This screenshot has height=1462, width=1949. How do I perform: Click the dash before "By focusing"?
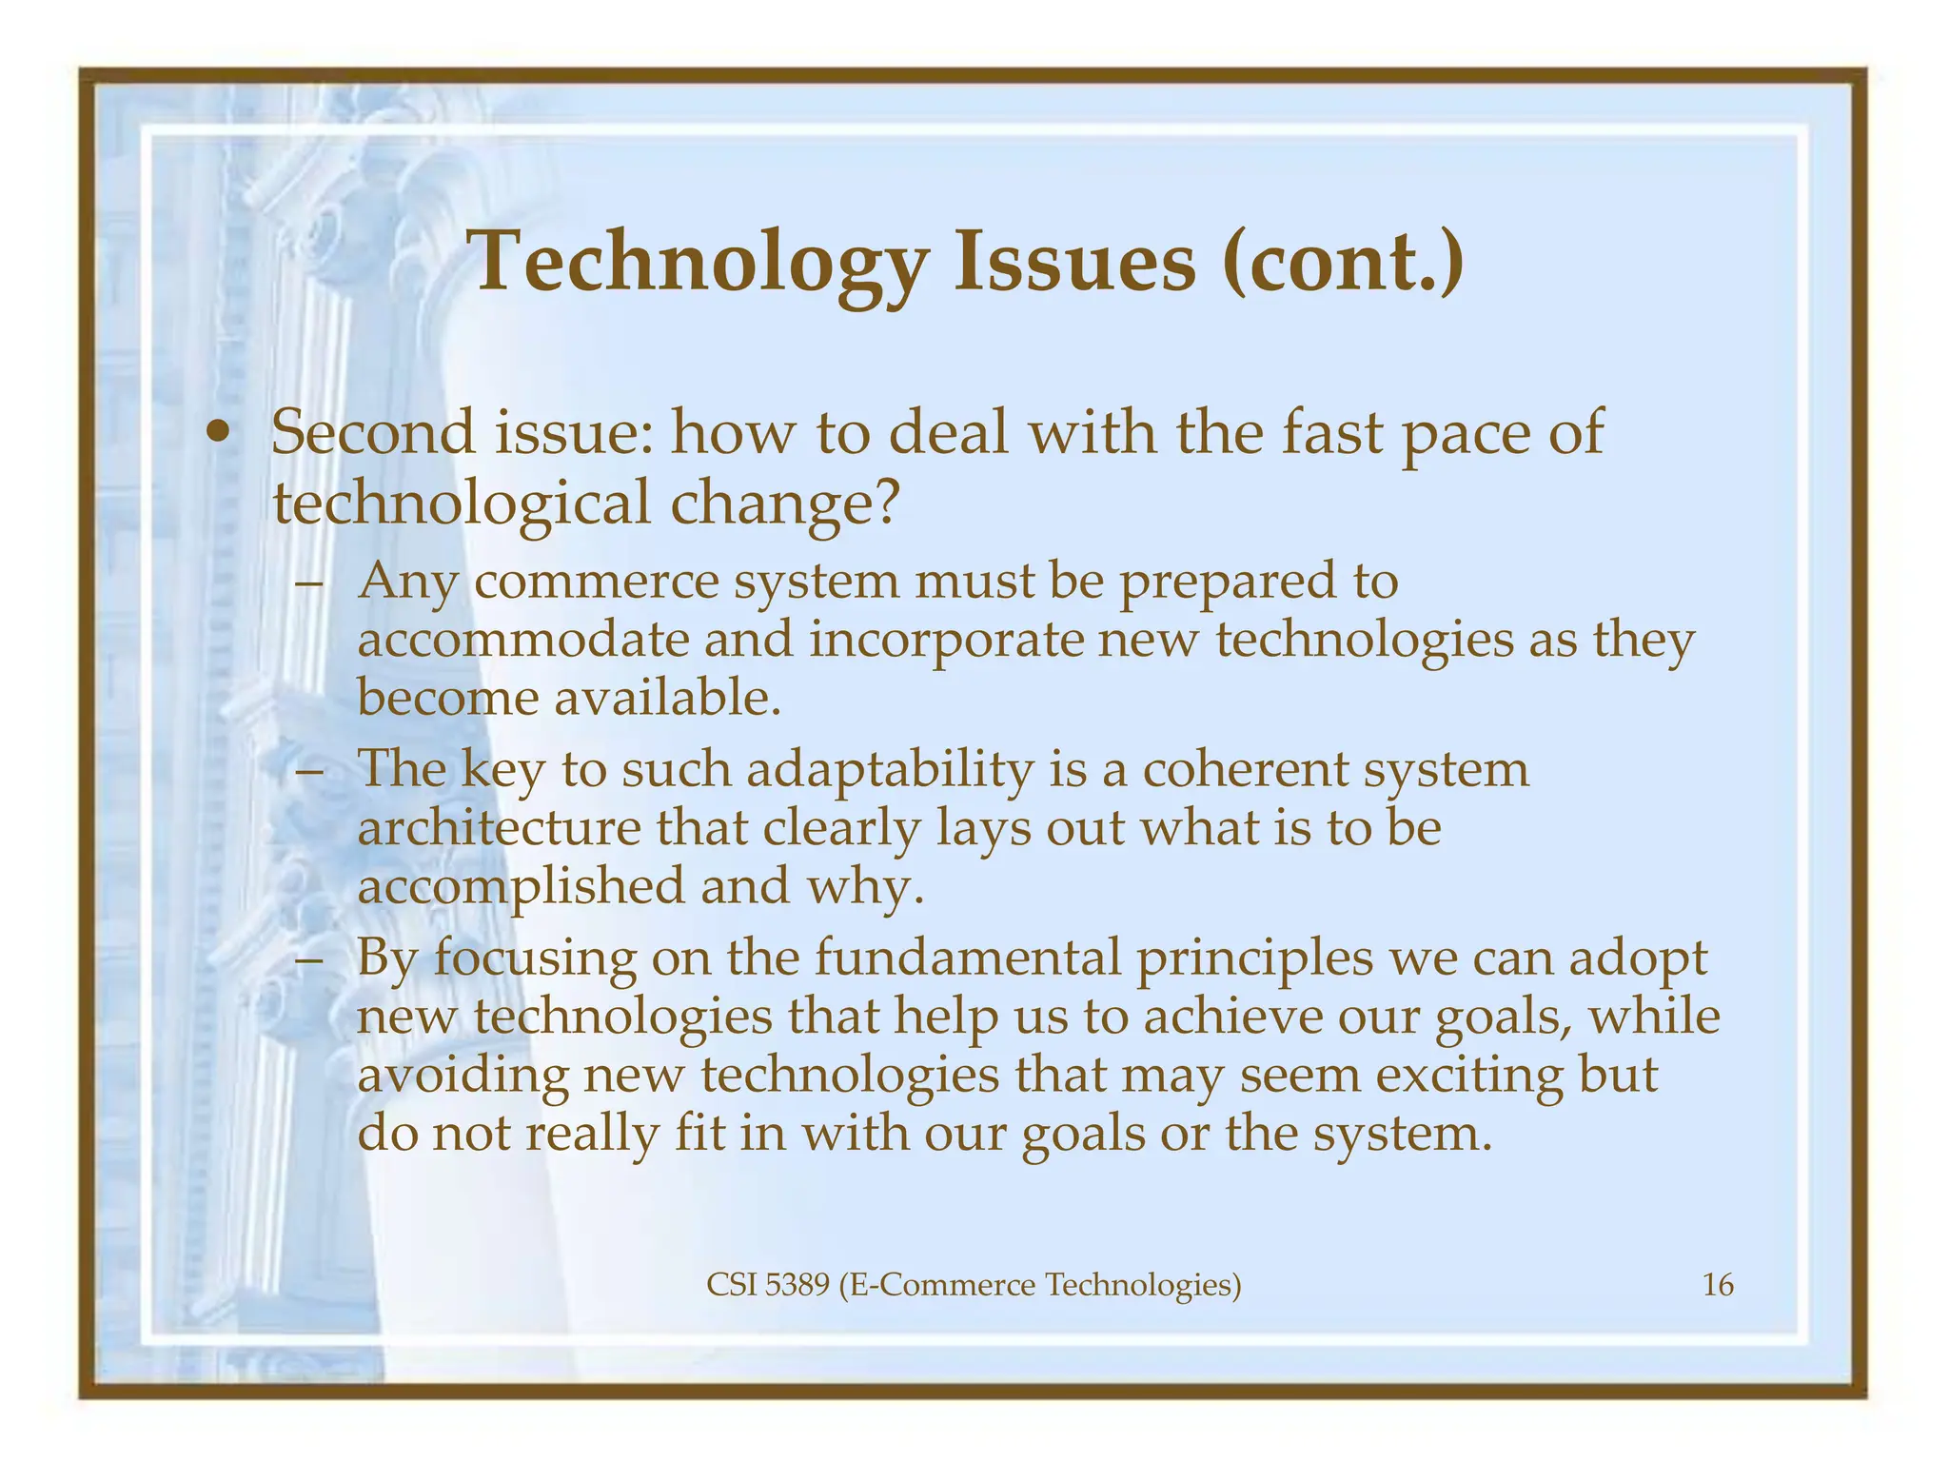click(x=308, y=958)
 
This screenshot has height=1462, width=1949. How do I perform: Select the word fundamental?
click(x=967, y=957)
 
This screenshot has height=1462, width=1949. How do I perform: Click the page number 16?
click(x=1717, y=1286)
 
